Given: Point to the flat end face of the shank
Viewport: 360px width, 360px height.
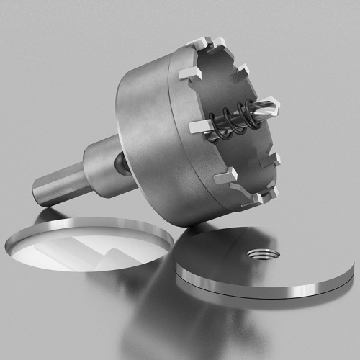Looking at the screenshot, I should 37,194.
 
